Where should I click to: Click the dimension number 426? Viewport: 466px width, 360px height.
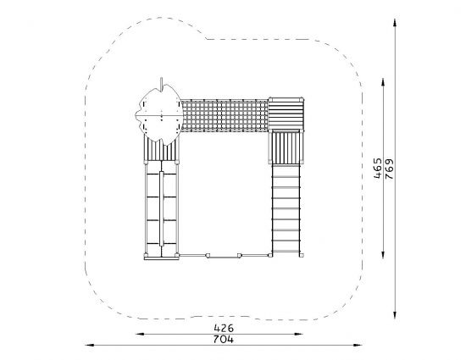click(224, 328)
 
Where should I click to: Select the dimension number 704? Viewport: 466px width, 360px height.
click(224, 339)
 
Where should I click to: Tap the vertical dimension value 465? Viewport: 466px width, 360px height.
click(377, 168)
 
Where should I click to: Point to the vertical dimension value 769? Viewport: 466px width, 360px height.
click(389, 169)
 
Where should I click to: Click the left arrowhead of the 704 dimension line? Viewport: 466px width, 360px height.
click(90, 345)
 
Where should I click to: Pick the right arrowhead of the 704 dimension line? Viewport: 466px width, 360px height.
click(358, 345)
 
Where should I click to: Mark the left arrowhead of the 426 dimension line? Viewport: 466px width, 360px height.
click(140, 334)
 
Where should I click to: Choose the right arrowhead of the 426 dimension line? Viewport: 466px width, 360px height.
click(299, 334)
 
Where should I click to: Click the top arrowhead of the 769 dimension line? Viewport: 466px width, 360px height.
click(395, 23)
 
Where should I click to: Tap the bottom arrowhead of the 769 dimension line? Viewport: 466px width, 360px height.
click(395, 314)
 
